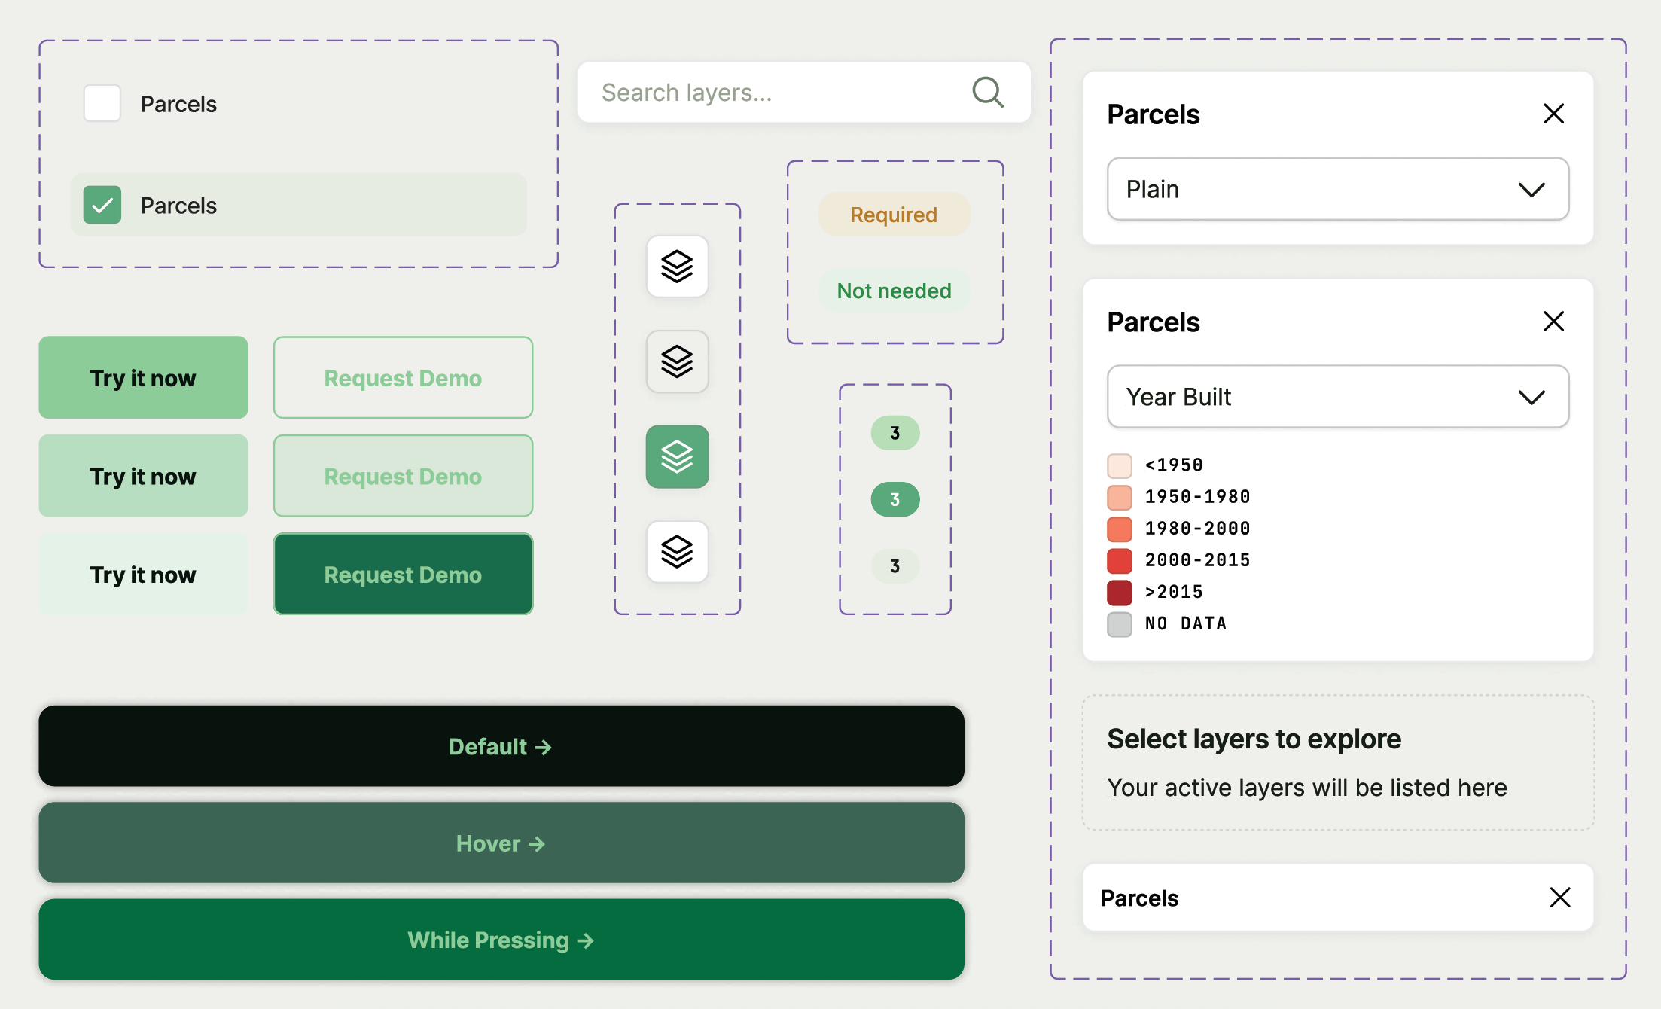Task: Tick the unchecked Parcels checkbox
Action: [x=102, y=103]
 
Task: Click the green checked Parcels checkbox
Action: [x=102, y=205]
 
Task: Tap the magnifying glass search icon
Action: [x=988, y=93]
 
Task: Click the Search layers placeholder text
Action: [x=687, y=93]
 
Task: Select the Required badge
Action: [x=894, y=215]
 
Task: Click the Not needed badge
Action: [x=894, y=291]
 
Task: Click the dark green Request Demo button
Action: [x=403, y=575]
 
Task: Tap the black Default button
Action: [x=501, y=746]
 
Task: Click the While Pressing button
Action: [x=501, y=940]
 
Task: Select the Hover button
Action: [x=501, y=843]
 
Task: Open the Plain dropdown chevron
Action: [x=1531, y=190]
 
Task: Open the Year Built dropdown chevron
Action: [x=1531, y=398]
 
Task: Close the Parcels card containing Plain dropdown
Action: [x=1553, y=114]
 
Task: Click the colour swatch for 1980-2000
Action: [x=1120, y=529]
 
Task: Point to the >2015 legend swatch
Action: [x=1120, y=593]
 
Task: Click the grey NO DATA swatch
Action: [x=1120, y=624]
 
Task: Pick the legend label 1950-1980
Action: [x=1197, y=497]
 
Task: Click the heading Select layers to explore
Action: [x=1254, y=739]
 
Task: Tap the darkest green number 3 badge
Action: [x=895, y=499]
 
